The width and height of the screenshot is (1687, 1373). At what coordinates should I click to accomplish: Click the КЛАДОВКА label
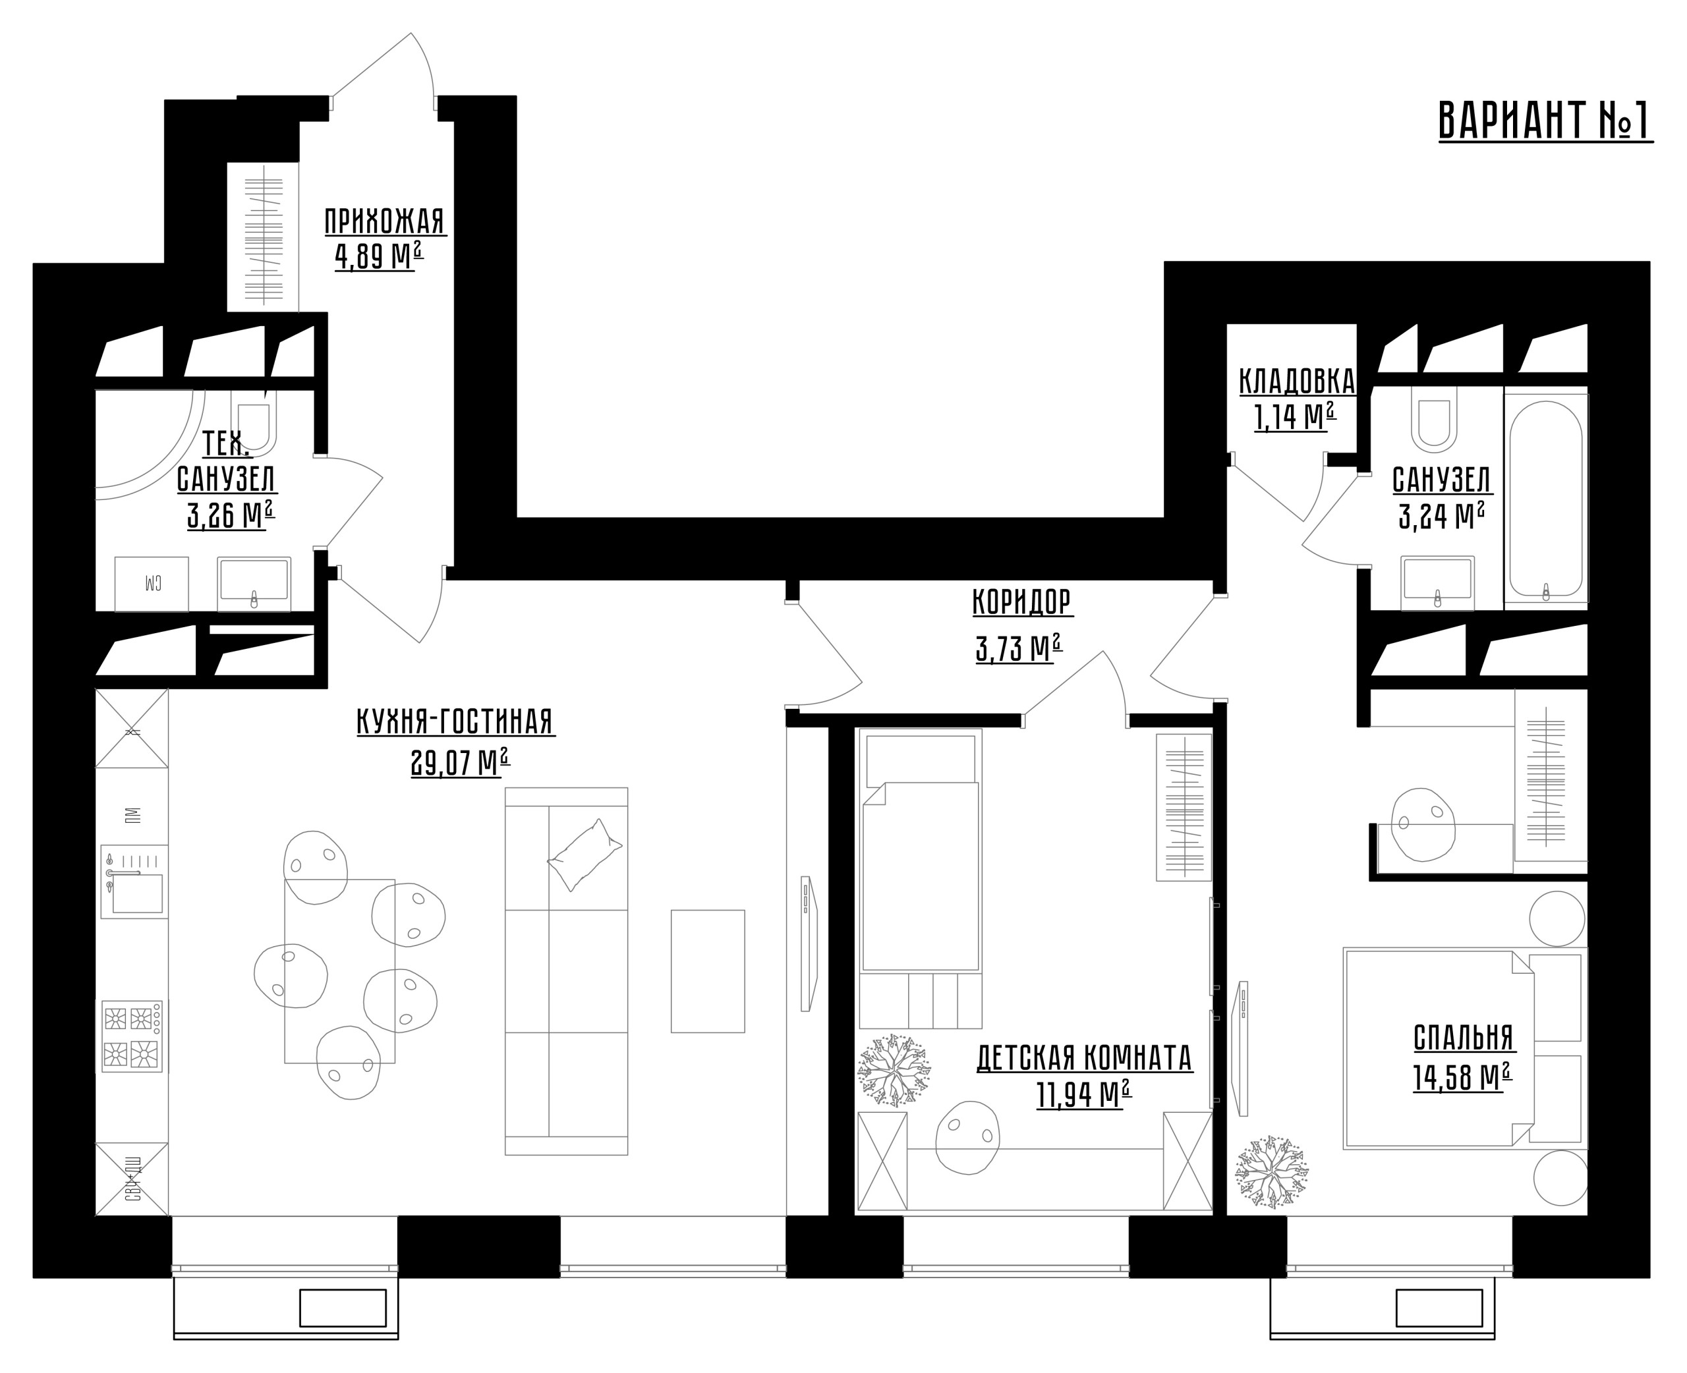pyautogui.click(x=1297, y=382)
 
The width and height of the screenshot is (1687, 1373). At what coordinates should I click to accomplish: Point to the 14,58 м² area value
pyautogui.click(x=1462, y=1077)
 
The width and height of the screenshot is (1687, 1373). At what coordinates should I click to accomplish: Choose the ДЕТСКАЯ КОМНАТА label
pyautogui.click(x=1084, y=1058)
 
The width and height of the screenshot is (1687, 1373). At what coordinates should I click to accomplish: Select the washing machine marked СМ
pyautogui.click(x=152, y=584)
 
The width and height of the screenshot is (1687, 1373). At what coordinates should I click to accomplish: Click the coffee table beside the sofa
pyautogui.click(x=708, y=971)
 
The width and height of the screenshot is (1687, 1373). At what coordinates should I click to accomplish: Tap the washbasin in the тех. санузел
pyautogui.click(x=254, y=584)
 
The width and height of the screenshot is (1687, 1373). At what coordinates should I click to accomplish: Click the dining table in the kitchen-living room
pyautogui.click(x=340, y=971)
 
